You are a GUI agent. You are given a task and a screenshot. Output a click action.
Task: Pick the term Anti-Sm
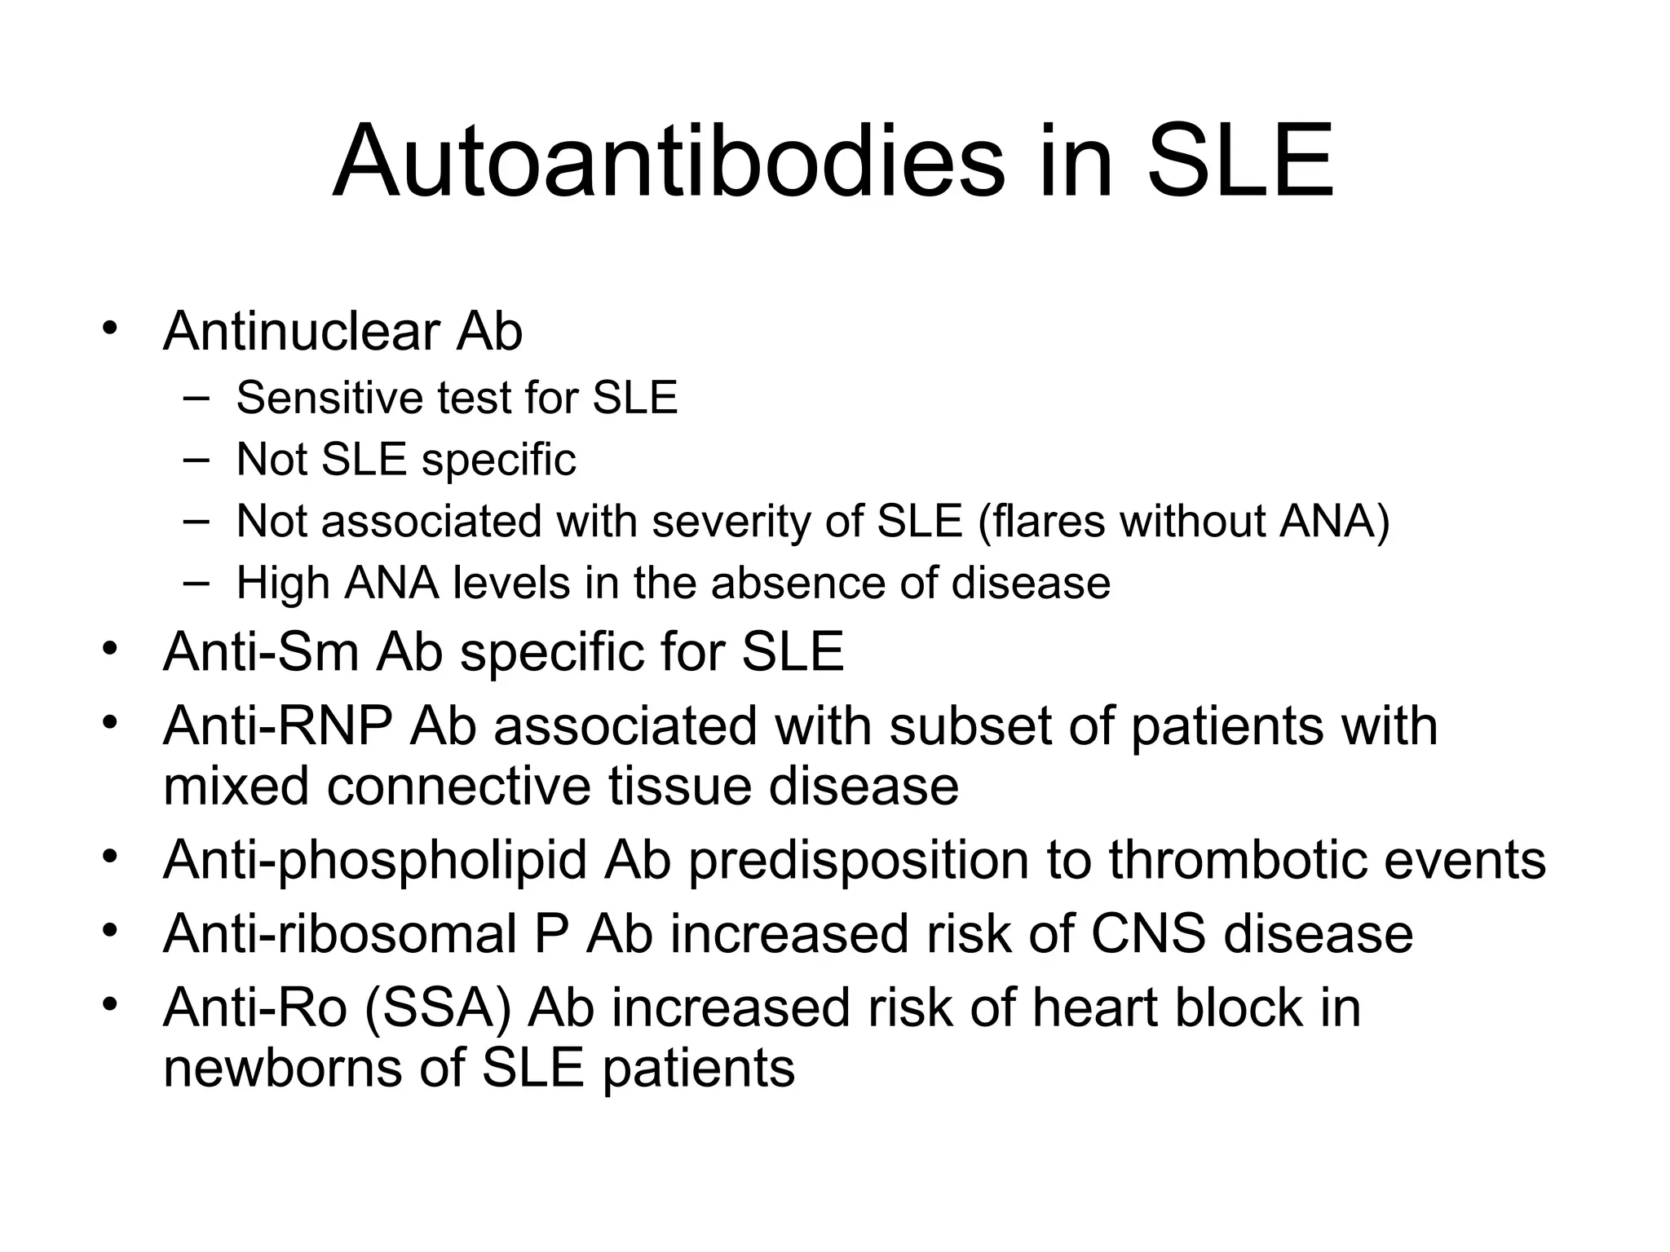tap(261, 651)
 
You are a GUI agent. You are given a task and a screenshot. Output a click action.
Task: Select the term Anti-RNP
tap(277, 725)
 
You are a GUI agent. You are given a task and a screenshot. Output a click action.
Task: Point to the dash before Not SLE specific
tap(196, 459)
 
